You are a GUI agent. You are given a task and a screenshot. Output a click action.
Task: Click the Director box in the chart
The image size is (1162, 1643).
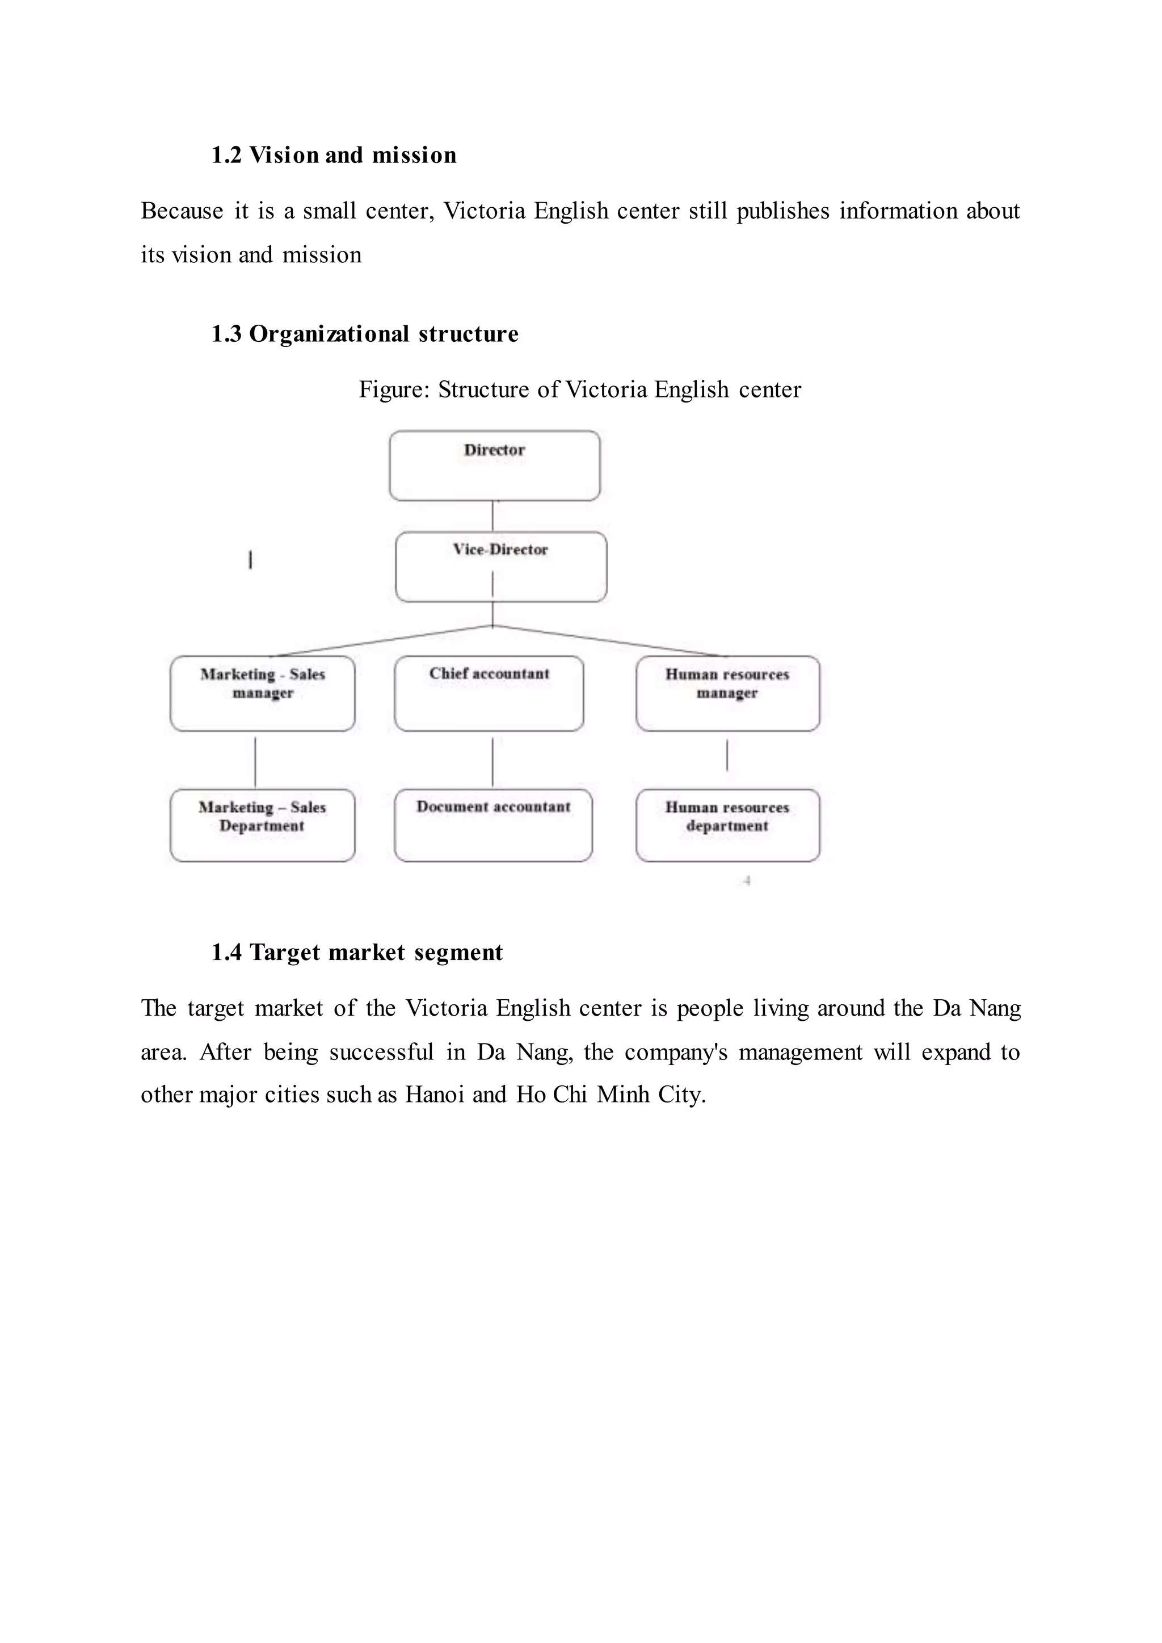(494, 466)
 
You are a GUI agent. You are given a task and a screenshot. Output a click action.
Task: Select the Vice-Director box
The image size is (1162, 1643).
(501, 566)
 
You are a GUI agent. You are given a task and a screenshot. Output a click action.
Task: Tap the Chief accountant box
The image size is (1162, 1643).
(489, 693)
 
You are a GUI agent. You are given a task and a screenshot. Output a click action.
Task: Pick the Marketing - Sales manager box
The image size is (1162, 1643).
(263, 693)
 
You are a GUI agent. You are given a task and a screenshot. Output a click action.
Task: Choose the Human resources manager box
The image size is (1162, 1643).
(728, 693)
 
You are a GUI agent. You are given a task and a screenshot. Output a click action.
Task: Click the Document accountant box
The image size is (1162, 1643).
(493, 825)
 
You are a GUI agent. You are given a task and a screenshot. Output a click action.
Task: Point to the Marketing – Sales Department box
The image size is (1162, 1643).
(263, 825)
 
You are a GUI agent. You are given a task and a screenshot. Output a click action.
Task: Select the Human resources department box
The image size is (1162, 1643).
(728, 825)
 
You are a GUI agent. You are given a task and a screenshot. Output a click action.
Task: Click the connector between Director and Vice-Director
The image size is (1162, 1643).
(492, 516)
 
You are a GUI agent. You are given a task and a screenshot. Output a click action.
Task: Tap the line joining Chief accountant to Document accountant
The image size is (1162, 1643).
(492, 762)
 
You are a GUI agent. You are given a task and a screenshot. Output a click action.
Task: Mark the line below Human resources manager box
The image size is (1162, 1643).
(727, 755)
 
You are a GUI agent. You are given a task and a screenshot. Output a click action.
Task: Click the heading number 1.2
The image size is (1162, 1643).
(226, 156)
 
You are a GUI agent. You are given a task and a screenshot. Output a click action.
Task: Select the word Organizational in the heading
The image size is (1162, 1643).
(329, 334)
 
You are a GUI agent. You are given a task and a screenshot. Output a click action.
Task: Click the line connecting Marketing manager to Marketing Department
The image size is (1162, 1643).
(255, 762)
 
